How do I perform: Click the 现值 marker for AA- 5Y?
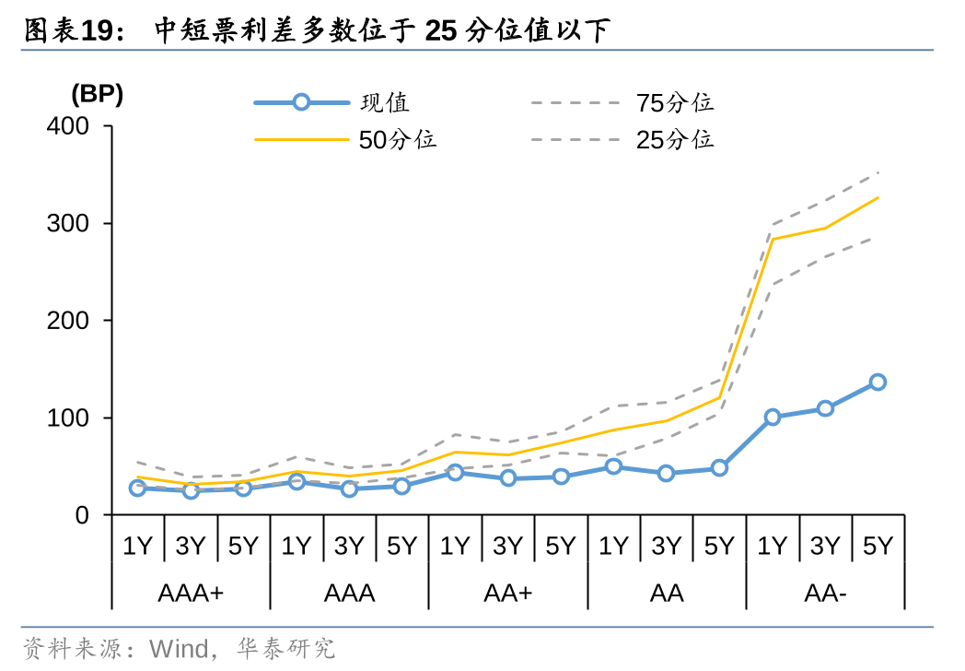coord(878,382)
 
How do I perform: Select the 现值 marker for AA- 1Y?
coord(772,417)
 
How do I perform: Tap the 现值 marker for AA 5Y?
coord(719,468)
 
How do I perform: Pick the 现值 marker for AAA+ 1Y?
coord(137,488)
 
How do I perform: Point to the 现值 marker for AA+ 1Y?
coord(455,472)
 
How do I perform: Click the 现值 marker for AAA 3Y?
coord(349,489)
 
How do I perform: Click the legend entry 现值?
coord(385,102)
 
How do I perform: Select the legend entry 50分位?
coord(398,139)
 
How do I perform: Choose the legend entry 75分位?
coord(674,102)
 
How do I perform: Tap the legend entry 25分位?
coord(674,139)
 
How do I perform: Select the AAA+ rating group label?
coord(191,593)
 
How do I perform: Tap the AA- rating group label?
coord(825,593)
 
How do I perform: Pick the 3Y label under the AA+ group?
coord(507,546)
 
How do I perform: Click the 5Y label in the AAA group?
coord(401,546)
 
